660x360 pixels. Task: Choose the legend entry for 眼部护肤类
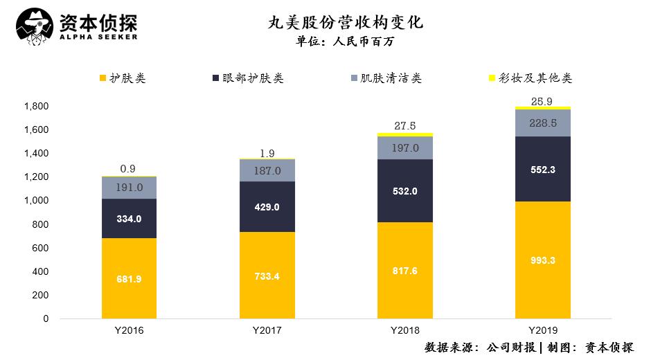tap(247, 78)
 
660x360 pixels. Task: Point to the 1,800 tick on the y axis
tap(36, 107)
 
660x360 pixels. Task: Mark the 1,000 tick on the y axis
tap(36, 201)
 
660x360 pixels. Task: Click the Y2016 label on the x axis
tap(128, 330)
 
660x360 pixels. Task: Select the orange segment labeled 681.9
tap(128, 278)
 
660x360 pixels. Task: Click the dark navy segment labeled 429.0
tap(267, 206)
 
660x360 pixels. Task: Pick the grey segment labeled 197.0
tap(404, 148)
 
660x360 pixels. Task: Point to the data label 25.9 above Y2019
tap(542, 101)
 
